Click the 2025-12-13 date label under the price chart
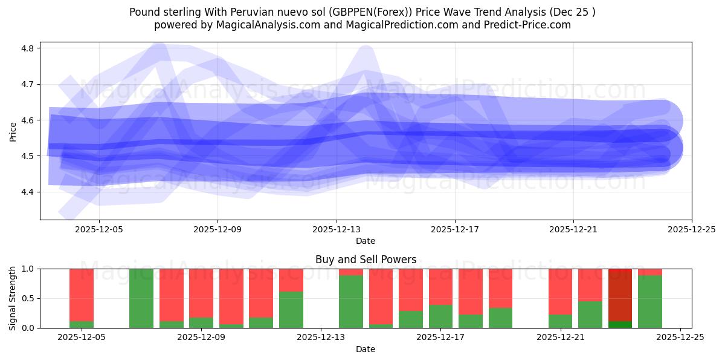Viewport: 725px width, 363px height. pos(336,230)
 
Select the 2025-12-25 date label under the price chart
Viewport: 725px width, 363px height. pos(691,230)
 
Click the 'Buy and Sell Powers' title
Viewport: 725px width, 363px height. pos(366,260)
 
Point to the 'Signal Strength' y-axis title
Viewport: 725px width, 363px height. pos(13,298)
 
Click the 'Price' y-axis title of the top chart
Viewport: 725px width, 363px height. pos(13,131)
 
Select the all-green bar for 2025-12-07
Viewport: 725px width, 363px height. pos(141,298)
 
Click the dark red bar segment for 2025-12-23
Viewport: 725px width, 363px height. pos(620,295)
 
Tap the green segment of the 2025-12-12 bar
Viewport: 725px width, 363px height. pos(291,310)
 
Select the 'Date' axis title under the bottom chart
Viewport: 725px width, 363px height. pos(366,349)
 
